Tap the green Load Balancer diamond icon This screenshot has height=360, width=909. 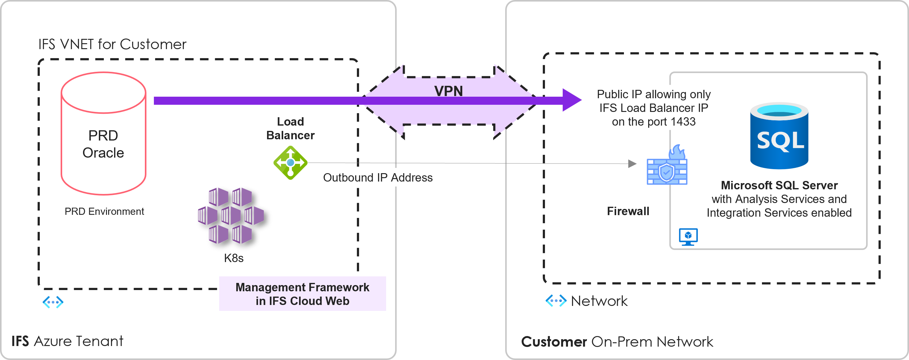click(290, 163)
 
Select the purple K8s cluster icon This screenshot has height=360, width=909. click(231, 216)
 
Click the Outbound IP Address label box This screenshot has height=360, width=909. click(378, 177)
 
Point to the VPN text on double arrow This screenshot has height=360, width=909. click(448, 91)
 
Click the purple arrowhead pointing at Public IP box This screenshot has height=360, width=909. click(572, 100)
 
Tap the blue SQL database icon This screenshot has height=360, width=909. click(779, 136)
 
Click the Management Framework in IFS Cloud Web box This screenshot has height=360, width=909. click(302, 294)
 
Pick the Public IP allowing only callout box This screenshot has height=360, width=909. click(653, 108)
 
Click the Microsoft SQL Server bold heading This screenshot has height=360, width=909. click(779, 185)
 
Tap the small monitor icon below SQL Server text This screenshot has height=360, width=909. click(688, 237)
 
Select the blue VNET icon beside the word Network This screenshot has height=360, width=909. click(556, 301)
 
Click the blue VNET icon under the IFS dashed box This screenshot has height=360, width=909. click(53, 302)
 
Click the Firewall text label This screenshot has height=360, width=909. click(628, 211)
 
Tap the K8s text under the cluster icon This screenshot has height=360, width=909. click(233, 258)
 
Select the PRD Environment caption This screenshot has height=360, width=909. click(104, 211)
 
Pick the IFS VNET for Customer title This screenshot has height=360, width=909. click(112, 44)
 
